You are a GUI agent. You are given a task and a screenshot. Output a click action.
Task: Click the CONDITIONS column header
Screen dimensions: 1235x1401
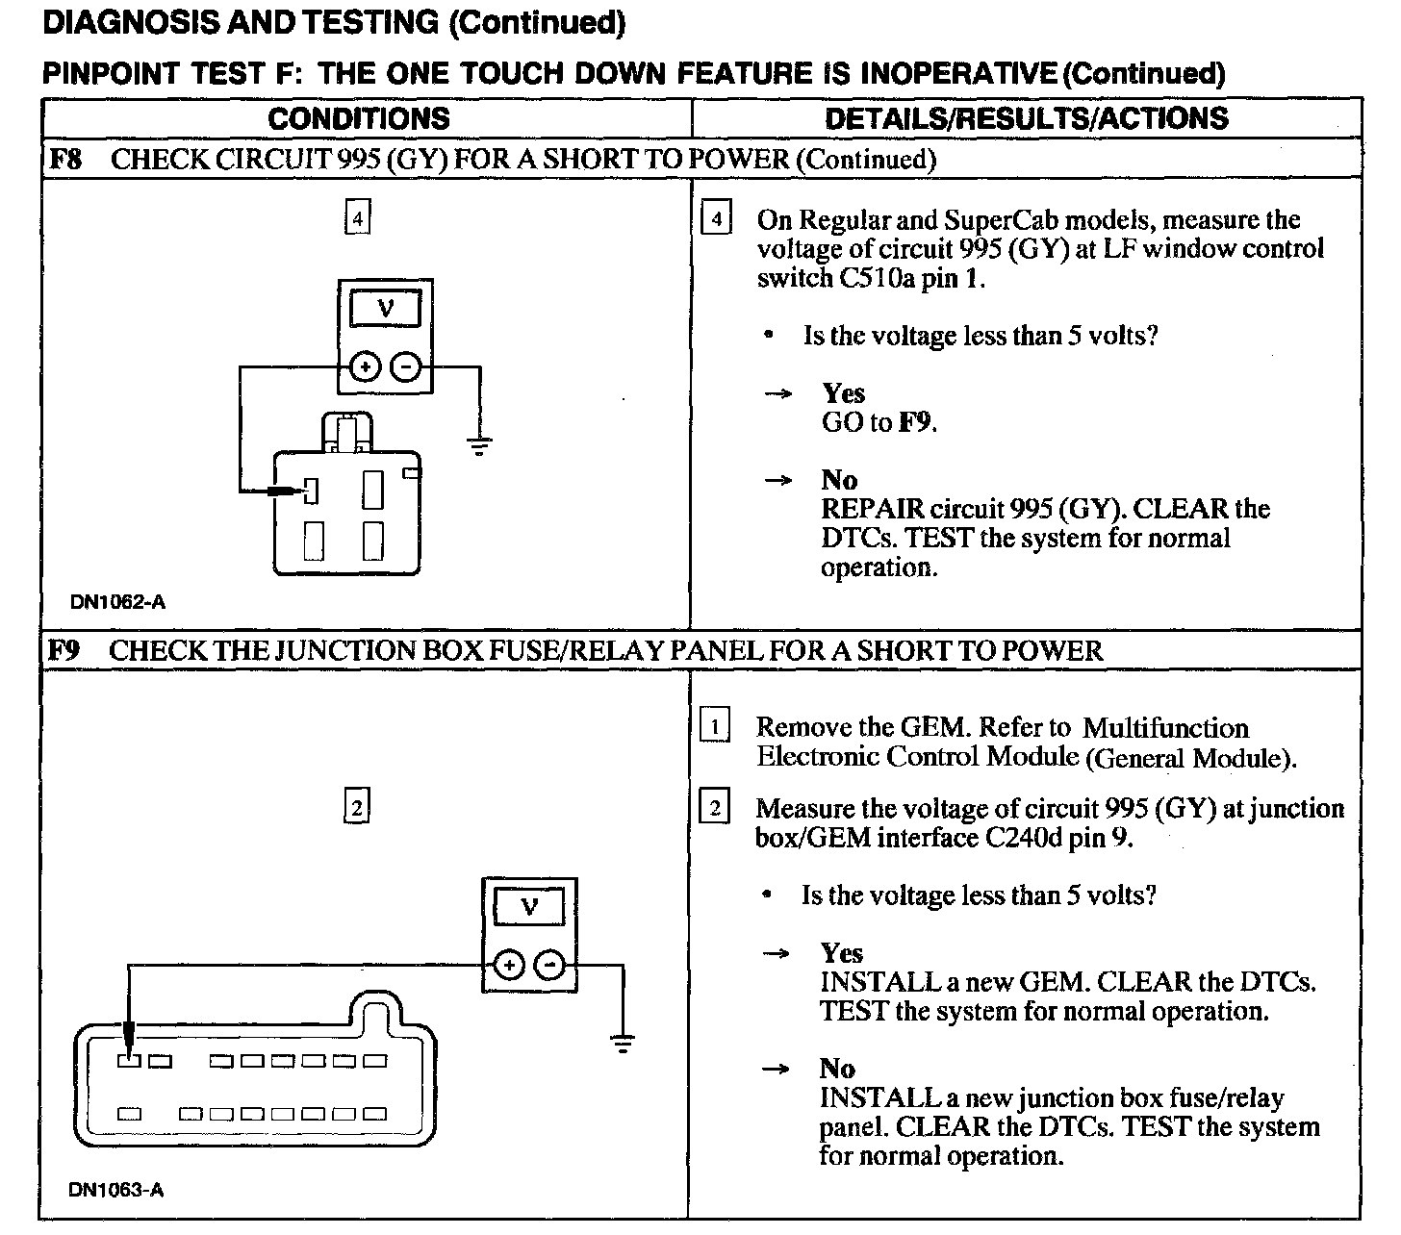tap(359, 118)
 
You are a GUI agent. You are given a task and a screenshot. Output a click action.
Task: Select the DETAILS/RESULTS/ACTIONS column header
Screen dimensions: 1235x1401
tap(1027, 118)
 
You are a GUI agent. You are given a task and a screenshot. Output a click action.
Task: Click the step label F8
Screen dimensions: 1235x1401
tap(65, 159)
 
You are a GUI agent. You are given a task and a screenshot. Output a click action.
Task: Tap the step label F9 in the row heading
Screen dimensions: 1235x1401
tap(65, 650)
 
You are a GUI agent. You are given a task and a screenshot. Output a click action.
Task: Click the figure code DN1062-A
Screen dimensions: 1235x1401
tap(117, 602)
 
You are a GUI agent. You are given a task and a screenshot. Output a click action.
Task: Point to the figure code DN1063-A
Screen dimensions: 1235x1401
tap(116, 1190)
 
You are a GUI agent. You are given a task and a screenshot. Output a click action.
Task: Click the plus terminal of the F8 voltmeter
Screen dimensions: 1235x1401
tap(364, 367)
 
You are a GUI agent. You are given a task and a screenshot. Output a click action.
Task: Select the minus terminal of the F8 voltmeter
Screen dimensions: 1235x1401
tap(405, 367)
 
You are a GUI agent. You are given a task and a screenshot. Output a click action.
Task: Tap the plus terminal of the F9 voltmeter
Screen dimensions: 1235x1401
tap(509, 965)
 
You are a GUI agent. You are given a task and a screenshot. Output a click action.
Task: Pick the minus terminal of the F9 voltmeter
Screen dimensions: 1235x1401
tap(549, 965)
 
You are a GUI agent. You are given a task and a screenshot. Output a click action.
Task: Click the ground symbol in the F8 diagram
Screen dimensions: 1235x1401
tap(479, 445)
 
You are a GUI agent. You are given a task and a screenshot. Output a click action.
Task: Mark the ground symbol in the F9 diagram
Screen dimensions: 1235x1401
tap(624, 1043)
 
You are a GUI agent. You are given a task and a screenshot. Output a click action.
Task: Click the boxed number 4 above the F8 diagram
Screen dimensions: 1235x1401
tap(357, 219)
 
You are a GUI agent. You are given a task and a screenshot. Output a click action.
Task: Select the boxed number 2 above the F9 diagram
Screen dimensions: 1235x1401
tap(357, 807)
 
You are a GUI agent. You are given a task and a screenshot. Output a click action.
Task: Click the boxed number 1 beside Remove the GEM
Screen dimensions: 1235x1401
tap(714, 726)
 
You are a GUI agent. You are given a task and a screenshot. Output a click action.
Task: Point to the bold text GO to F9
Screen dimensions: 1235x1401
tap(879, 422)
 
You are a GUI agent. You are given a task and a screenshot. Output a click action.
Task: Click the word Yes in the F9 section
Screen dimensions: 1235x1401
tap(842, 953)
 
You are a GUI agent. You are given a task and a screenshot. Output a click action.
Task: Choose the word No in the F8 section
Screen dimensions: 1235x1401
tap(840, 480)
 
